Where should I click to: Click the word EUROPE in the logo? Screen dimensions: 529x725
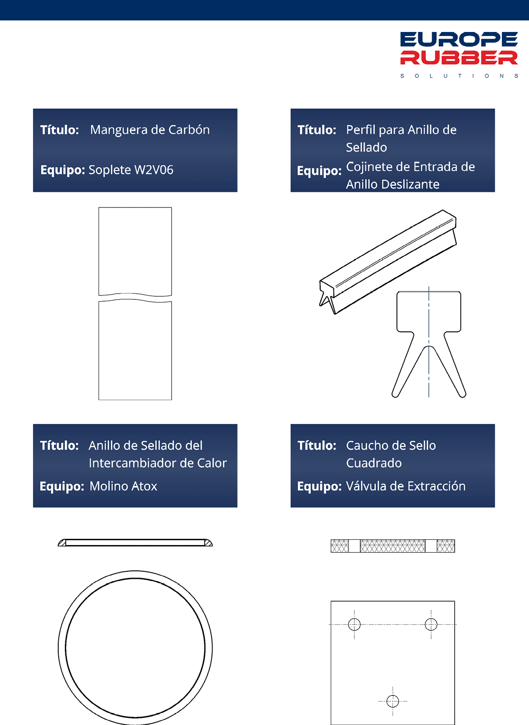tap(459, 39)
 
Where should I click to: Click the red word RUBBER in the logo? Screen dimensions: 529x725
tap(459, 57)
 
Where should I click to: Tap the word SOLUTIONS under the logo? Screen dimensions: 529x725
tap(459, 76)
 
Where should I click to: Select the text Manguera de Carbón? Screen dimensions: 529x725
tap(150, 130)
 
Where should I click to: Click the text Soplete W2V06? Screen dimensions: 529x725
tap(131, 170)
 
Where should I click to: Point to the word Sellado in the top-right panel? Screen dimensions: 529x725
tap(366, 147)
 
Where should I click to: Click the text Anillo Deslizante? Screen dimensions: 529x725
tap(393, 184)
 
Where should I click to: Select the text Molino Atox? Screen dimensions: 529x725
tap(124, 486)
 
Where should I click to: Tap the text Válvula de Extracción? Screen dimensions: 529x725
tap(406, 486)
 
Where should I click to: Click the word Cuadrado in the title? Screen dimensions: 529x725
tap(374, 463)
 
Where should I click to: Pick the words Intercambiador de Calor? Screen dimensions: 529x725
tap(158, 463)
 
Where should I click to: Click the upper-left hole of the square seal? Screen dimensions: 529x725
tap(354, 624)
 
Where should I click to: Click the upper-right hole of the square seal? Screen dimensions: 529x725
tap(431, 624)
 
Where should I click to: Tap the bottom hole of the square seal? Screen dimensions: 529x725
tap(393, 701)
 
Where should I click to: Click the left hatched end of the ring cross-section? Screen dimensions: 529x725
tap(62, 543)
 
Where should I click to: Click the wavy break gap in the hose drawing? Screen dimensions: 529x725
tap(135, 298)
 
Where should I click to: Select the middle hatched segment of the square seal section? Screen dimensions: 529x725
tap(393, 546)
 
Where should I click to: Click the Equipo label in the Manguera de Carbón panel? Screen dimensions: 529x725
tap(63, 170)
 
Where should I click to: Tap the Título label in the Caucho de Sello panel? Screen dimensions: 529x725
tap(317, 446)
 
